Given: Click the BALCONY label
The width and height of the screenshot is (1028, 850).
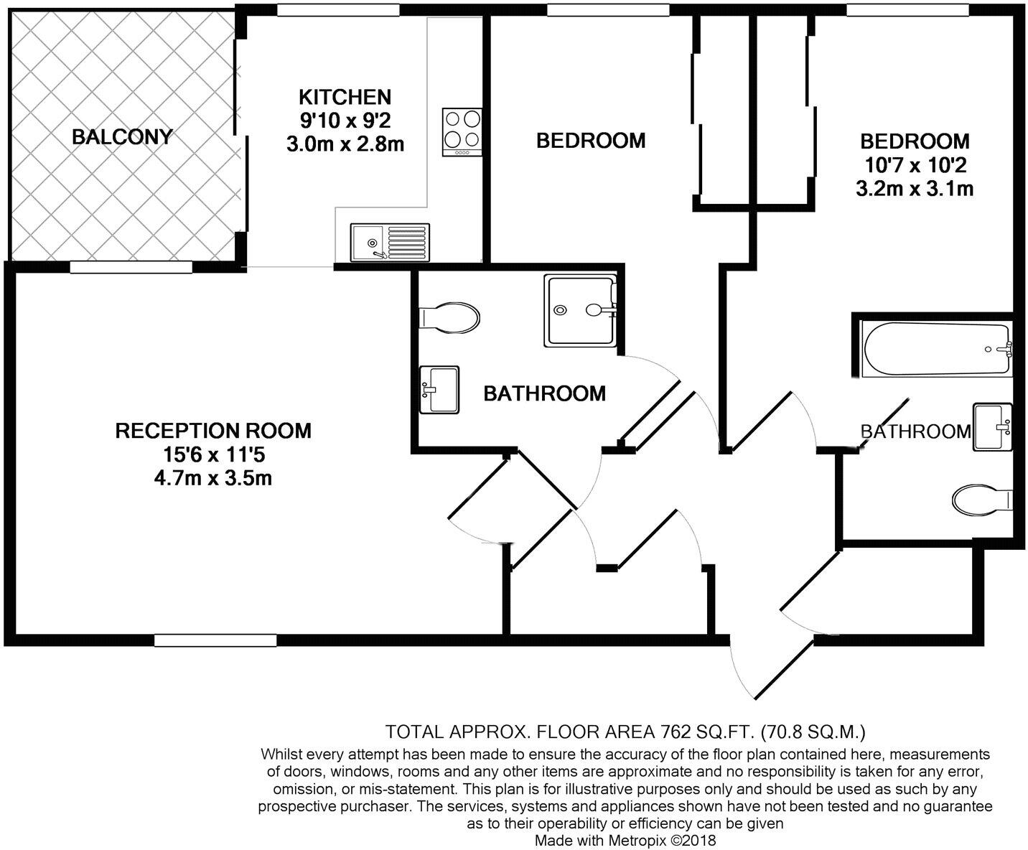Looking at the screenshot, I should (122, 136).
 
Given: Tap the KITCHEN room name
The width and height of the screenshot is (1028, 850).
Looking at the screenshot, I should (345, 97).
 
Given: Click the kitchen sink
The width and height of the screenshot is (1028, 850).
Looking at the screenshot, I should (390, 242).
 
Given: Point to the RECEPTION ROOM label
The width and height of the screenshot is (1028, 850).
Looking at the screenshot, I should (213, 431).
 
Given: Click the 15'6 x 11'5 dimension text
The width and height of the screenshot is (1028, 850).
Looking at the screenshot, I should (213, 454).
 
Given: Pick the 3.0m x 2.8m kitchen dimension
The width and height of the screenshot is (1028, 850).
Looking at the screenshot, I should (345, 144).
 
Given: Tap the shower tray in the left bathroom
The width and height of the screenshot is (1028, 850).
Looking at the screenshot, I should (580, 310).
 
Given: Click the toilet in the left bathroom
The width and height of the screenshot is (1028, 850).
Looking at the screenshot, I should (450, 317).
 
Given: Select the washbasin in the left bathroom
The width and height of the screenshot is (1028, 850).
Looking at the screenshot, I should (439, 389).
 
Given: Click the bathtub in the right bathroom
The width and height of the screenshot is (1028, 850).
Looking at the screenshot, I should (937, 349).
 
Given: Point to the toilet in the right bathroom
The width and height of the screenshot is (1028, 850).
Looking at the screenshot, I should (981, 499).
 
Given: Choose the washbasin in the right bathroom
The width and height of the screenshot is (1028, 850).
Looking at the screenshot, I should (992, 426).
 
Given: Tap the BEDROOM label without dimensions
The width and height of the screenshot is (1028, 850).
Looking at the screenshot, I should (591, 141).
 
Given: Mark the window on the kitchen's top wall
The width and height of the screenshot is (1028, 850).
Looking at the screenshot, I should (338, 9).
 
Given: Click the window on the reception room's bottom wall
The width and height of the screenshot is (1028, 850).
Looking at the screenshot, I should (215, 640).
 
